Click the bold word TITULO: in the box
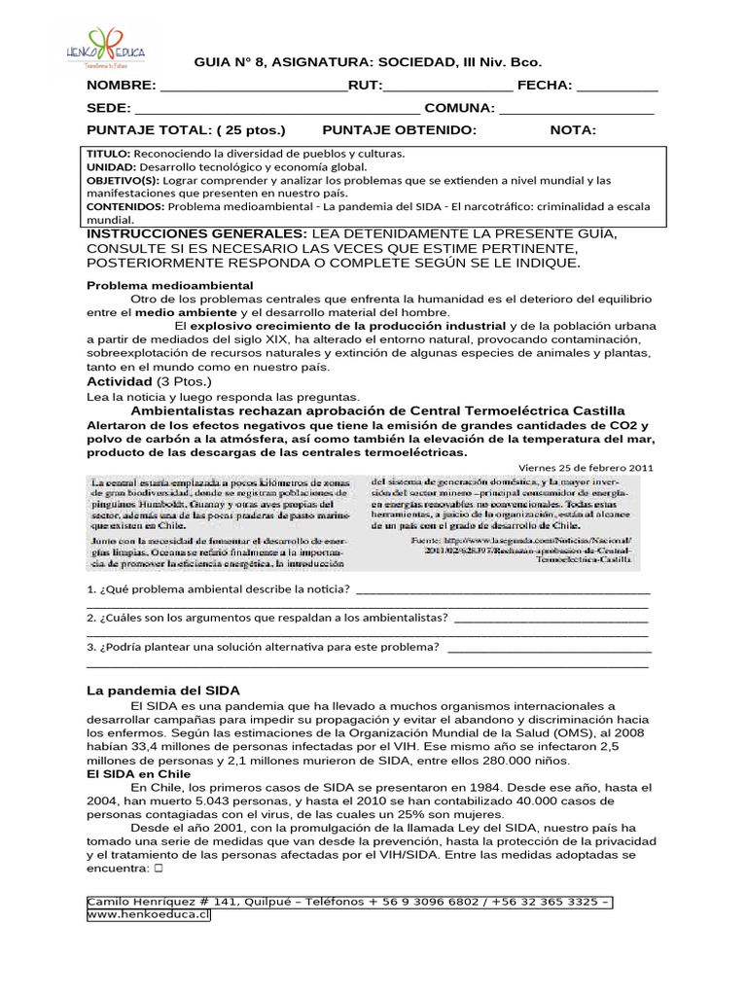coord(109,154)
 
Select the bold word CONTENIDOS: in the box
coord(125,207)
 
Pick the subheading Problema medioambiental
coord(169,285)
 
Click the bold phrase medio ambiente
coord(185,312)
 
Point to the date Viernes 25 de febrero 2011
coord(587,467)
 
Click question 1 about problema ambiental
coord(219,590)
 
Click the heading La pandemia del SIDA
coord(162,690)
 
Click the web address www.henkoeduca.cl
coord(149,915)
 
